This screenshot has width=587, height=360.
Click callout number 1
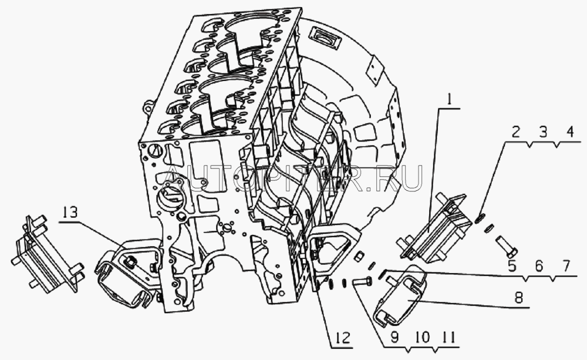click(x=449, y=100)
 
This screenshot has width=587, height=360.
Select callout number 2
click(x=516, y=132)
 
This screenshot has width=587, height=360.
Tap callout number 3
click(x=543, y=132)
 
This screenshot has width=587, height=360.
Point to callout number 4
click(x=569, y=132)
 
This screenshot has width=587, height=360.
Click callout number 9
click(x=394, y=337)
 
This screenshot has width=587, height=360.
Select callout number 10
click(x=422, y=337)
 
